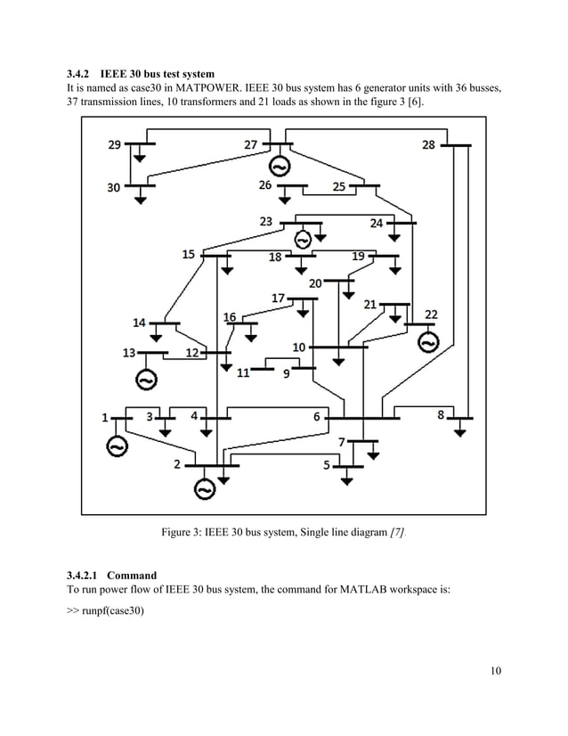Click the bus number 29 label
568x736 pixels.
pyautogui.click(x=116, y=145)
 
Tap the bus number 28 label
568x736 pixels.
pyautogui.click(x=429, y=145)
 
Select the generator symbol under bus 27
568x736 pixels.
pyautogui.click(x=278, y=168)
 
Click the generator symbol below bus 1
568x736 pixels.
pyautogui.click(x=117, y=446)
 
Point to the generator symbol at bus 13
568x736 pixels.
pyautogui.click(x=145, y=380)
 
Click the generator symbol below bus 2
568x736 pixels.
pyautogui.click(x=205, y=488)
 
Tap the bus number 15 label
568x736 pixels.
pyautogui.click(x=189, y=254)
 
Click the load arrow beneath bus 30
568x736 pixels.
pyautogui.click(x=140, y=200)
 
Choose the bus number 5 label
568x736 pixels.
pyautogui.click(x=327, y=464)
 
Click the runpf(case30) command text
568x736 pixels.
pyautogui.click(x=110, y=614)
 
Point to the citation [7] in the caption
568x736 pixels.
pyautogui.click(x=394, y=533)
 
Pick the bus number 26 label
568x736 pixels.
pyautogui.click(x=265, y=185)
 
